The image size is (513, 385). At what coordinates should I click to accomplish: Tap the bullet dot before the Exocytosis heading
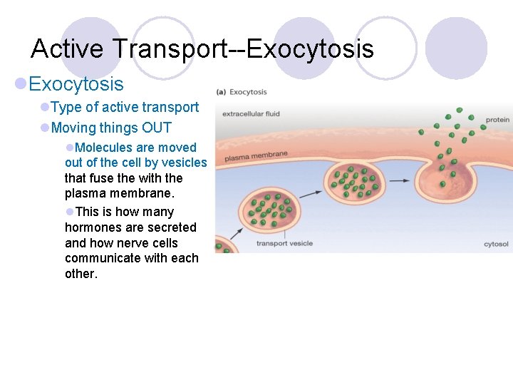(21, 84)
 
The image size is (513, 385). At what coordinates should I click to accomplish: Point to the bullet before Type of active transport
(45, 108)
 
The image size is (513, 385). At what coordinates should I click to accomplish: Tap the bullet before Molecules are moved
(69, 148)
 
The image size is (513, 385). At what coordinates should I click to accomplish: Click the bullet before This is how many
(69, 212)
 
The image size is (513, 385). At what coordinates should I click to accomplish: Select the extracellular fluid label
(251, 114)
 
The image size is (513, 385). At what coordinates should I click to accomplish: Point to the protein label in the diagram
(497, 120)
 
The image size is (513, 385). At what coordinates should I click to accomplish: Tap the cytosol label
(496, 244)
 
